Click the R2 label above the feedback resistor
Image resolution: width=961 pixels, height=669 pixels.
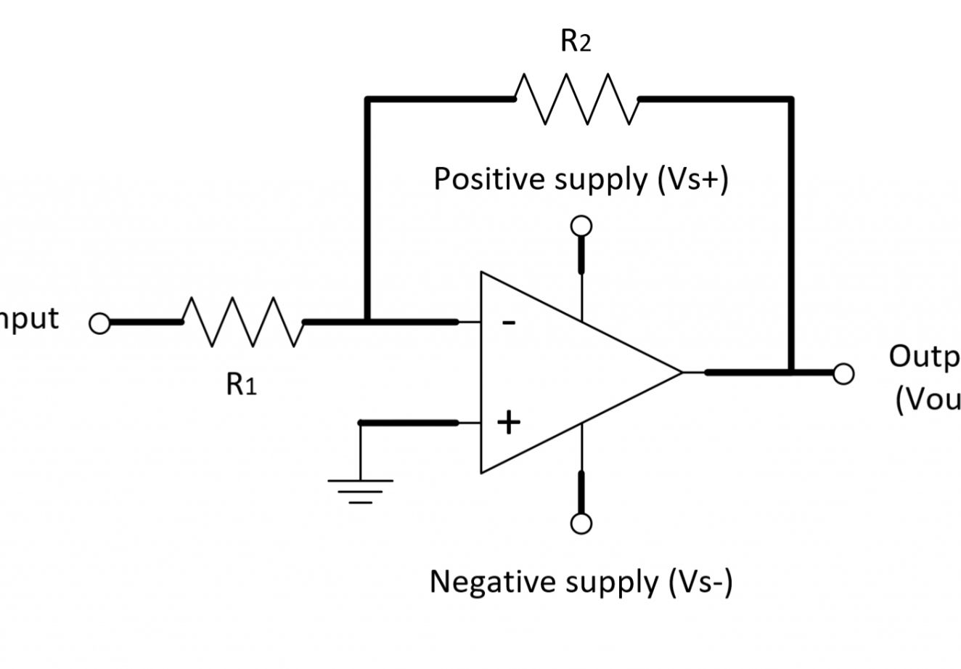point(576,42)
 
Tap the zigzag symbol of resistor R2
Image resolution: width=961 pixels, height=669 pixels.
point(576,99)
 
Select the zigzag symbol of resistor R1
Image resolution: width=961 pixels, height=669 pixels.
point(242,321)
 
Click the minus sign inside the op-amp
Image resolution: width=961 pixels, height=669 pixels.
point(510,323)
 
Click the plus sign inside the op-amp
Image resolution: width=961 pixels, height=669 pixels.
point(509,422)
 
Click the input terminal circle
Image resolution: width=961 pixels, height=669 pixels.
point(99,323)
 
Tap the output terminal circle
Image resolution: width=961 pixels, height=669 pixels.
point(843,373)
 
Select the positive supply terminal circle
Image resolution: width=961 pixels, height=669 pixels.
point(581,226)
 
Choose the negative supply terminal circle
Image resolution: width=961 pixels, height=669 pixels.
point(581,523)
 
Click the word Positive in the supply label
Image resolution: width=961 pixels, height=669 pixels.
point(490,179)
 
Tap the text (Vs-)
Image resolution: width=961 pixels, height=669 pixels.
point(698,581)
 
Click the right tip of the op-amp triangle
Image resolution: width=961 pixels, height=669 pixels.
point(682,373)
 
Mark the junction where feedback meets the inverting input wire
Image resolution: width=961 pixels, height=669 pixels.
point(367,321)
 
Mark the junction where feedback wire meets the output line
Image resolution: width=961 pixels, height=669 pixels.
point(791,373)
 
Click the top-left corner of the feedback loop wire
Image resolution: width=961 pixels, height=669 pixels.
point(367,99)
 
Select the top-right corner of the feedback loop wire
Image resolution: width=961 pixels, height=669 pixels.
point(791,99)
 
